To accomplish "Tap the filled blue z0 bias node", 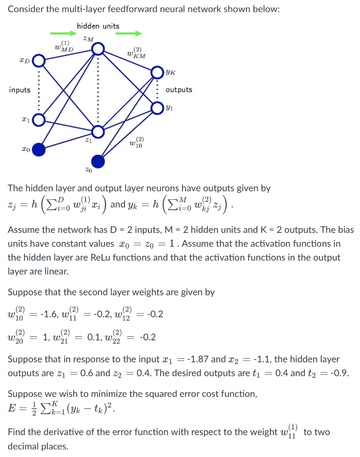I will click(x=98, y=161).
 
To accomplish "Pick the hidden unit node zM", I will click(x=98, y=48).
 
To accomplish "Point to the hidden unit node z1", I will click(x=98, y=131).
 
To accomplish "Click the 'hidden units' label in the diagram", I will click(x=98, y=26).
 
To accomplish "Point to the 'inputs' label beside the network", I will click(x=20, y=90).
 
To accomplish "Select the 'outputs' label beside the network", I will click(x=179, y=90).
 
